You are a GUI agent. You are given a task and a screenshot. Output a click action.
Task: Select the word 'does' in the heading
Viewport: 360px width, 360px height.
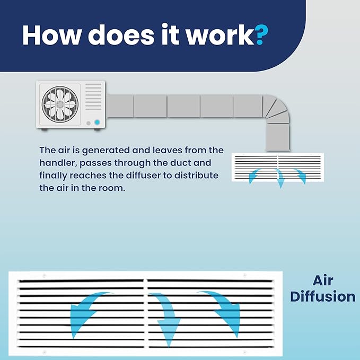click(x=121, y=34)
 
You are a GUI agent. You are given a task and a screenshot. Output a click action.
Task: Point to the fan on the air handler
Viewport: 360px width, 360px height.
click(x=60, y=104)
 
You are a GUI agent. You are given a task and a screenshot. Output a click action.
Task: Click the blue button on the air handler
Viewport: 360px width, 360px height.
click(x=97, y=122)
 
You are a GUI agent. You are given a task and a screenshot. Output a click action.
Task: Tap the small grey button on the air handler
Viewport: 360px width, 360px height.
click(x=89, y=124)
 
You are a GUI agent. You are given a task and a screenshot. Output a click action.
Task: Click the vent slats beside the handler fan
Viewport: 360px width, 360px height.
click(x=93, y=96)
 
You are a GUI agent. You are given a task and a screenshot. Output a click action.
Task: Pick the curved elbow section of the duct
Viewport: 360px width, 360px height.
click(x=276, y=109)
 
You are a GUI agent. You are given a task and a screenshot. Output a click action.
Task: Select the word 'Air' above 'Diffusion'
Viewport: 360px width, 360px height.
click(x=323, y=280)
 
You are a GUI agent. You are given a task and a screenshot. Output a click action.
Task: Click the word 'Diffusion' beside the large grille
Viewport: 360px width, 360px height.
click(x=323, y=296)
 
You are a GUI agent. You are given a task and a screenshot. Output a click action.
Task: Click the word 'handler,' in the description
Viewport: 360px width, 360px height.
click(x=58, y=163)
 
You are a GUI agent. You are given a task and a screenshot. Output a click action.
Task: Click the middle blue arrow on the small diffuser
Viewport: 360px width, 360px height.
click(x=280, y=178)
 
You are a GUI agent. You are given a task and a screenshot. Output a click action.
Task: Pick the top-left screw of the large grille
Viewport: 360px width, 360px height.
click(x=45, y=276)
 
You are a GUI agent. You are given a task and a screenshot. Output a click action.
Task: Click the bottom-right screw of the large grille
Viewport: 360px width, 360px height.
click(x=245, y=352)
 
